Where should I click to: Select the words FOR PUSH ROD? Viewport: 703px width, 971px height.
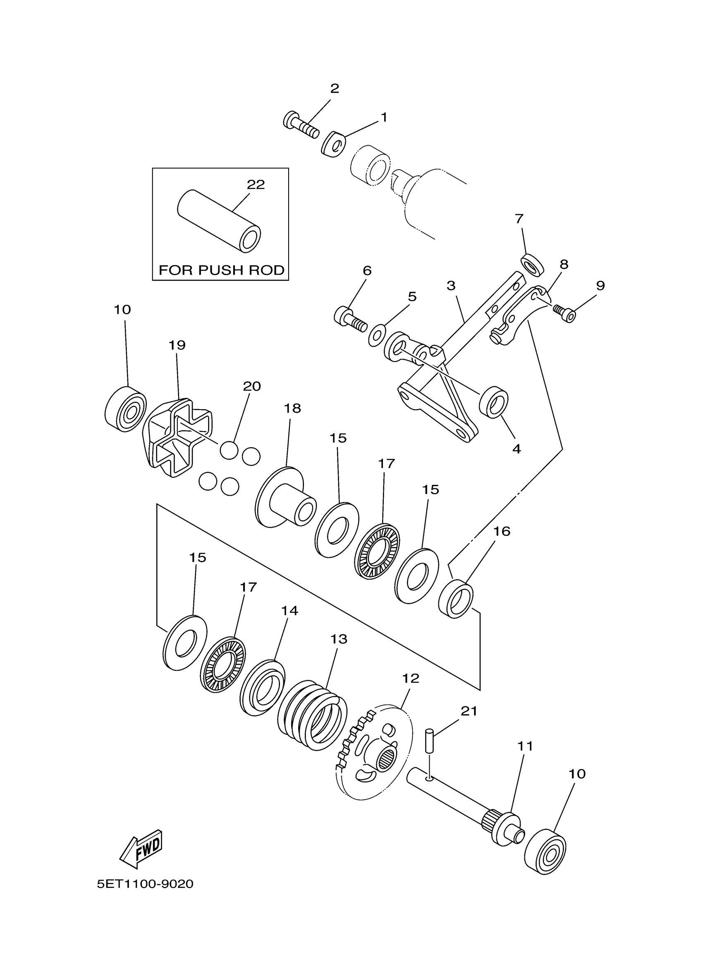coord(221,270)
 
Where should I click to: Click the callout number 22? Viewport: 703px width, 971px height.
coord(256,185)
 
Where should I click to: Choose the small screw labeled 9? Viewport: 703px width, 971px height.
coord(564,313)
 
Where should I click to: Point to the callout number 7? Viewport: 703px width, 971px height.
coord(519,219)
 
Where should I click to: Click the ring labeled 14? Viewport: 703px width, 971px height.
coord(262,688)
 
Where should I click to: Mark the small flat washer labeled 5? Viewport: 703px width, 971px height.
coord(377,335)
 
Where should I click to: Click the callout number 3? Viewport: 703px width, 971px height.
coord(451,285)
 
